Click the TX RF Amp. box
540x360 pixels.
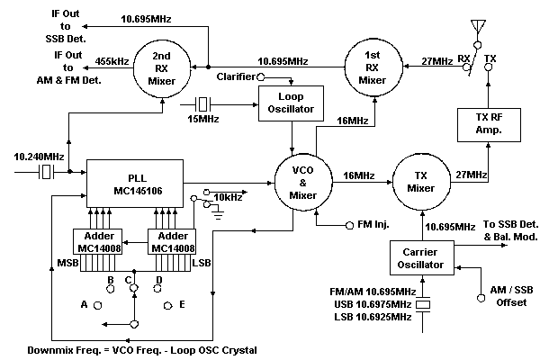[x=489, y=123]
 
